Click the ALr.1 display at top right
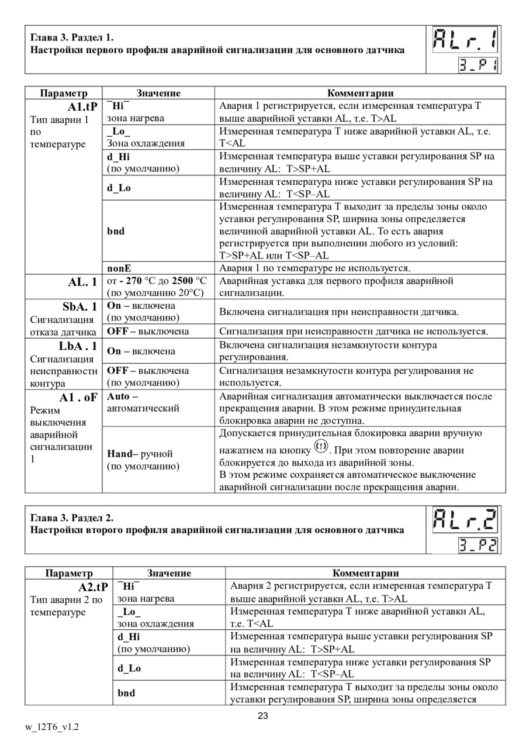tap(466, 41)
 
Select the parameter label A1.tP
tap(82, 106)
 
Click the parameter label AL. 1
tap(82, 281)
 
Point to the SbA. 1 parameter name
tap(80, 306)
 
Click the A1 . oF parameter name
tap(78, 397)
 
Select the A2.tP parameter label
tap(93, 587)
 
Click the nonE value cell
tap(119, 268)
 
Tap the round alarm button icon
tap(321, 447)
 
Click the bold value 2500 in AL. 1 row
tap(182, 281)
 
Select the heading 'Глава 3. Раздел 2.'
tap(72, 518)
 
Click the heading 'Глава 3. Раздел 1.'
tap(72, 38)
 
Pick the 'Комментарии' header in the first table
tap(360, 93)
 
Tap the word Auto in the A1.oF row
tap(119, 396)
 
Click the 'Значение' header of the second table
tap(169, 573)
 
